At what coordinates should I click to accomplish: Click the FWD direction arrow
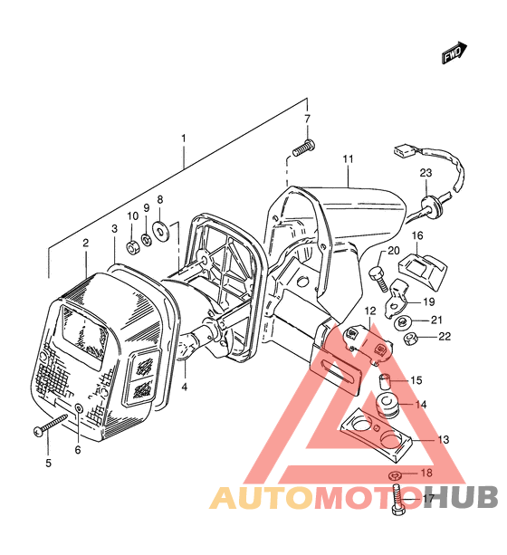(x=454, y=53)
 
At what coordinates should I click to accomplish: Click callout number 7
(x=307, y=119)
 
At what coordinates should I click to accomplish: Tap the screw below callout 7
(x=304, y=148)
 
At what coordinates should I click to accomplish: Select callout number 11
(x=348, y=159)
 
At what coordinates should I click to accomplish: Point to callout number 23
(x=426, y=173)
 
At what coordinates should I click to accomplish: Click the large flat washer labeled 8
(x=160, y=229)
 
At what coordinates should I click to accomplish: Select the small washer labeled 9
(x=146, y=239)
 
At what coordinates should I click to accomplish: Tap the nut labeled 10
(x=133, y=246)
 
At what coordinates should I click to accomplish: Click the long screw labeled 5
(x=50, y=425)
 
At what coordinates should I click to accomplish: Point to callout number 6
(x=78, y=449)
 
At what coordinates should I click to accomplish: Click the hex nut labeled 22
(x=410, y=340)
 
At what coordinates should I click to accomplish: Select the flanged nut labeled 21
(x=401, y=322)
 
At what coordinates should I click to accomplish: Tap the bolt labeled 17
(x=398, y=500)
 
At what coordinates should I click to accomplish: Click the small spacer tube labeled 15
(x=384, y=381)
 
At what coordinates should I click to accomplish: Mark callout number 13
(x=444, y=440)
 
